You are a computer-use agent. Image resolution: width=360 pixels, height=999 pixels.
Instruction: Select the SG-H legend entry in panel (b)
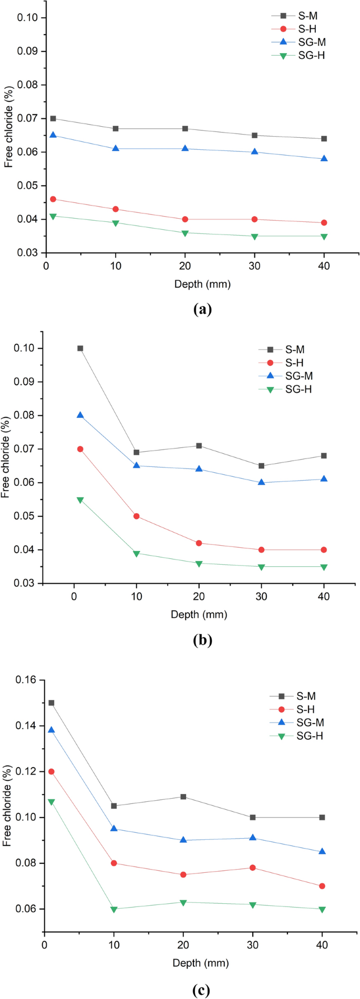coord(298,389)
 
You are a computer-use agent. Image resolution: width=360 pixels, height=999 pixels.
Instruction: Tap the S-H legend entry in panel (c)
coord(305,709)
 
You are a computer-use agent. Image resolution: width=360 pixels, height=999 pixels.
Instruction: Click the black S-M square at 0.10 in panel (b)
coord(80,348)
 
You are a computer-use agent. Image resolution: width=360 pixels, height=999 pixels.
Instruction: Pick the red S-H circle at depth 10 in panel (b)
coord(137,516)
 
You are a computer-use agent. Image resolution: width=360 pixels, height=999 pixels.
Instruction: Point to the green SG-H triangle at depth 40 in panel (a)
coord(324,237)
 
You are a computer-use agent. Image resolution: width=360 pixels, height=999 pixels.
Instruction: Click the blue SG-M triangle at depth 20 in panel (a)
coord(185,149)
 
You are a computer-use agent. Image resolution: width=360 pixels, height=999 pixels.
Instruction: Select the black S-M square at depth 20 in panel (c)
coord(183,797)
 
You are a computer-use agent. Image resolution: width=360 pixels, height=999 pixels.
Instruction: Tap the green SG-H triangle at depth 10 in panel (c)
coord(114,909)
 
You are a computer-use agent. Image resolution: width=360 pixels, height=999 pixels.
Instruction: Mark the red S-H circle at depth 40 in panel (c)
coord(322,886)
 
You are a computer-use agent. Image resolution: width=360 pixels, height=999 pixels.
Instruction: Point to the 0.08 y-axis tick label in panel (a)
coord(28,85)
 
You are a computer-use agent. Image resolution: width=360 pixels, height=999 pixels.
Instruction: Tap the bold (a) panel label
coord(202,309)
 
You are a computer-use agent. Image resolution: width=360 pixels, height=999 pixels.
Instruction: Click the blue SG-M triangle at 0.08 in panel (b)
coord(80,415)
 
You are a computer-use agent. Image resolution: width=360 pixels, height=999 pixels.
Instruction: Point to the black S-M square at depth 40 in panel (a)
coord(324,139)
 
